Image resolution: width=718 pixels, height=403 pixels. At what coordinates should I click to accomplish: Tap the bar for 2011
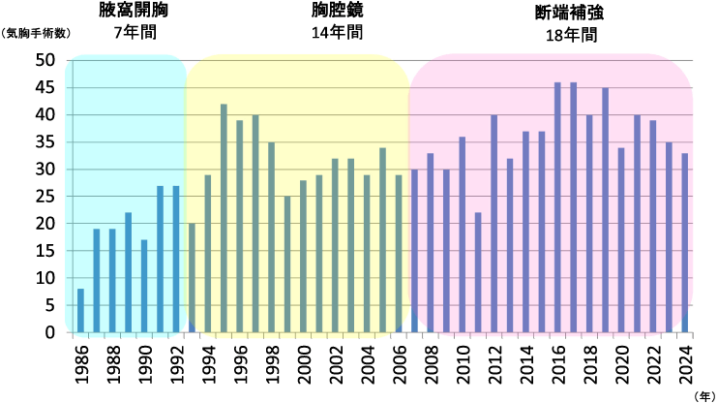click(478, 272)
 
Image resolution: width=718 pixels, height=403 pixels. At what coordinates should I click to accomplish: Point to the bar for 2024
click(685, 242)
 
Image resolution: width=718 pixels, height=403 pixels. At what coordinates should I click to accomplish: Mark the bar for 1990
click(144, 286)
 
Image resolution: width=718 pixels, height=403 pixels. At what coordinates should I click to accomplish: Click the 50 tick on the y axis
click(45, 60)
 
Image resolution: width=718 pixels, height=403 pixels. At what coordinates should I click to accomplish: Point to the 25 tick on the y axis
click(45, 197)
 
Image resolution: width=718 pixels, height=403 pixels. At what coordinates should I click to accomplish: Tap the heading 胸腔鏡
click(338, 12)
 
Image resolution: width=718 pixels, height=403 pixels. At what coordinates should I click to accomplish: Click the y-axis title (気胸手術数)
click(36, 32)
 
